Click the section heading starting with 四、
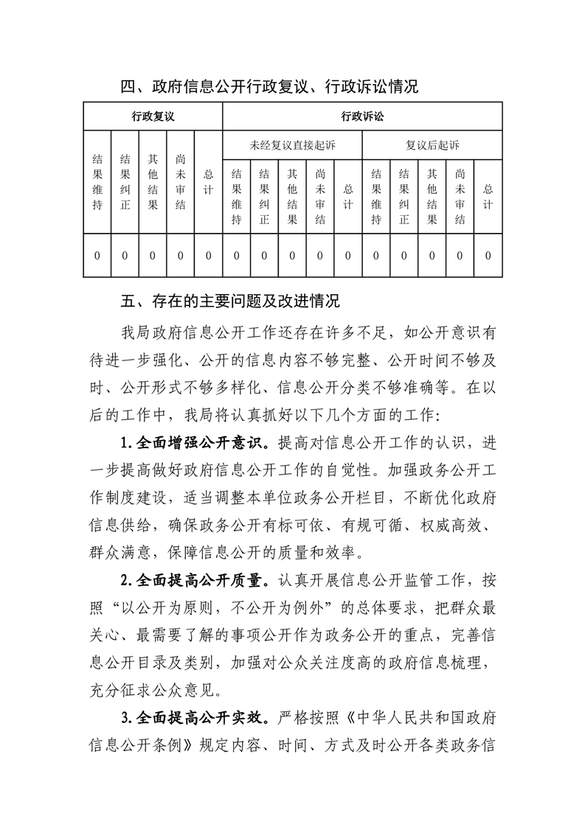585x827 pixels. pyautogui.click(x=269, y=87)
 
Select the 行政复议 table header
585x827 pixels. pyautogui.click(x=153, y=116)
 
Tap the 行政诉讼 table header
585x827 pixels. pyautogui.click(x=362, y=116)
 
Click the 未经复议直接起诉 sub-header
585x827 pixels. pyautogui.click(x=292, y=145)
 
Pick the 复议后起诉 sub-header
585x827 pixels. pyautogui.click(x=432, y=145)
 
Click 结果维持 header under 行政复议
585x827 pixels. pyautogui.click(x=97, y=182)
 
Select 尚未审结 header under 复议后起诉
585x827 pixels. pyautogui.click(x=460, y=196)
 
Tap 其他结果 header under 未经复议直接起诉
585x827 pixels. pyautogui.click(x=292, y=196)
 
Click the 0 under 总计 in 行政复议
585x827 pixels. pyautogui.click(x=209, y=256)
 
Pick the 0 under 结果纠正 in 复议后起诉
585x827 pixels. pyautogui.click(x=404, y=256)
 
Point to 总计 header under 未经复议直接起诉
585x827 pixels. pyautogui.click(x=348, y=196)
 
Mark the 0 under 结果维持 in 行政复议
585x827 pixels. pyautogui.click(x=97, y=256)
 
